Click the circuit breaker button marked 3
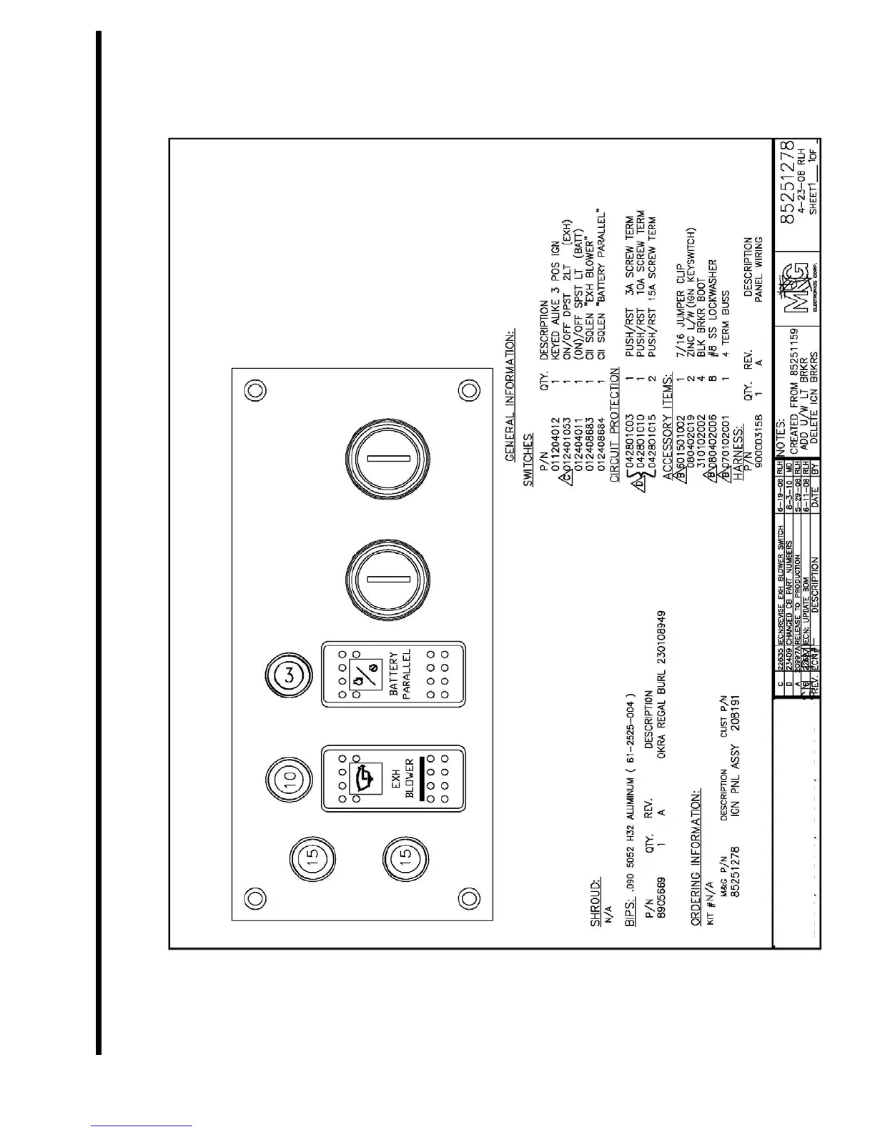pyautogui.click(x=291, y=675)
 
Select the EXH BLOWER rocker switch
pyautogui.click(x=393, y=779)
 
